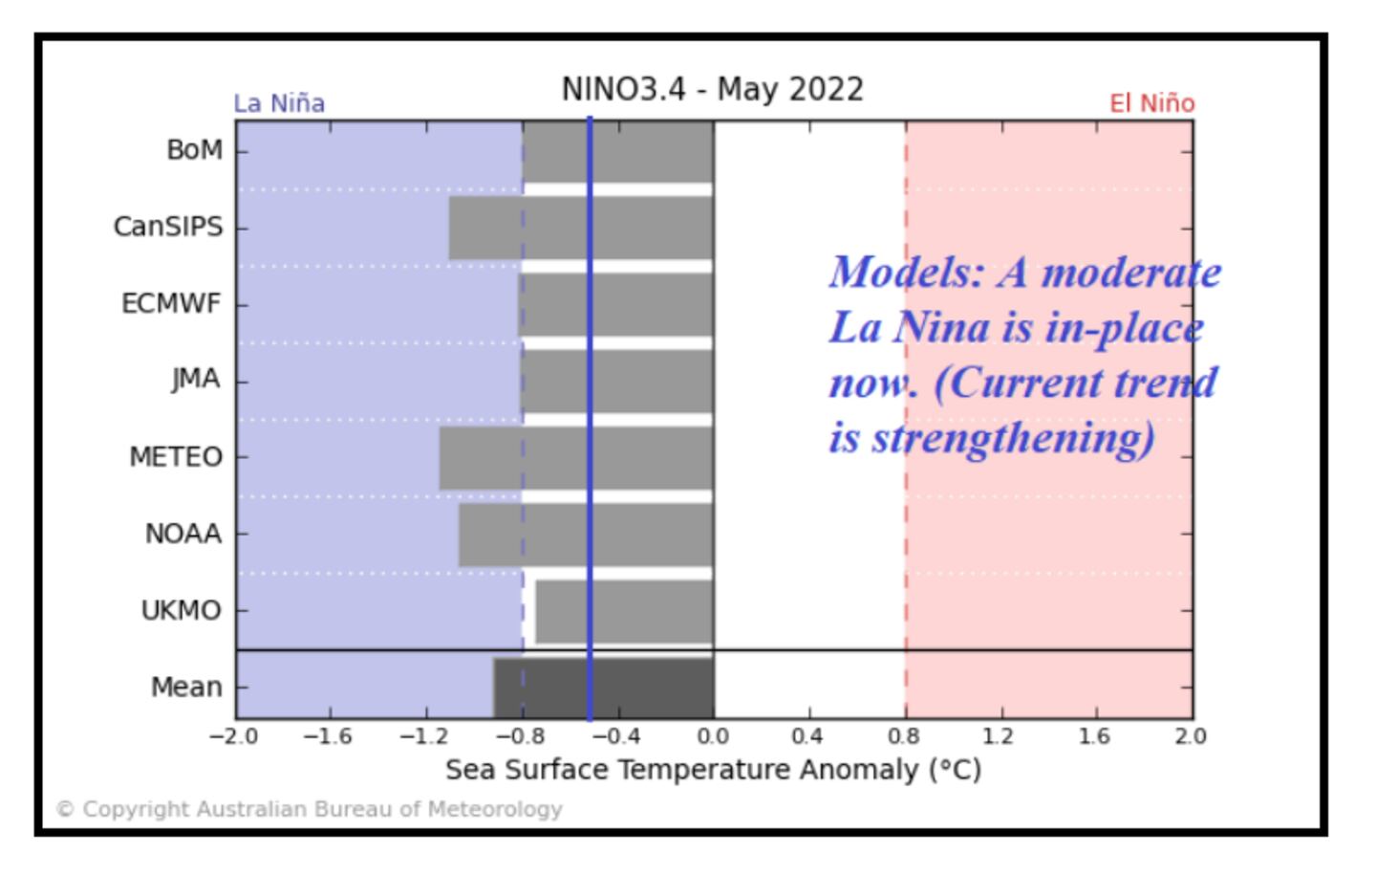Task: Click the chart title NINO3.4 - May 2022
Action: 712,89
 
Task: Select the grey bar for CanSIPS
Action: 580,228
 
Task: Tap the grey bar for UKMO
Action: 624,611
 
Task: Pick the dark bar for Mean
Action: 603,688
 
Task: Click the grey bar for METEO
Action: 575,458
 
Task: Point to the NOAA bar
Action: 585,535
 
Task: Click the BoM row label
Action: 194,150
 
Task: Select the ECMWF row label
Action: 171,304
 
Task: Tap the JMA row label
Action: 196,380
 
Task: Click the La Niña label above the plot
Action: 279,103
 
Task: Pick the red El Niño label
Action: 1151,103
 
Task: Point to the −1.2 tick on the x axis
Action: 424,736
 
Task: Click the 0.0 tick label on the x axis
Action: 713,736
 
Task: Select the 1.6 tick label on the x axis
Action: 1095,736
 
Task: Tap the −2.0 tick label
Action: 233,736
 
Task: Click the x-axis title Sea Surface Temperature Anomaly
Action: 713,770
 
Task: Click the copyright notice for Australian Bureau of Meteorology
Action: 310,809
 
